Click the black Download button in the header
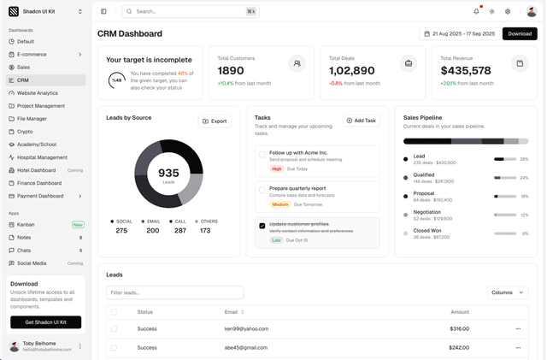pos(519,33)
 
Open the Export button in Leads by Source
pos(215,121)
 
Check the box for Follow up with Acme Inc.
pos(262,154)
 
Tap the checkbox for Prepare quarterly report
pos(262,190)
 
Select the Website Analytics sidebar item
pos(38,93)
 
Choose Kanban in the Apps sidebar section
pos(26,224)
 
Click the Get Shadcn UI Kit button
pos(45,322)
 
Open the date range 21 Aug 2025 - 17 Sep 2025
pos(458,33)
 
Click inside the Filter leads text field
pos(174,292)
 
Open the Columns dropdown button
pos(507,292)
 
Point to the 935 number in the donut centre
pos(168,173)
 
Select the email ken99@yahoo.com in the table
pos(245,328)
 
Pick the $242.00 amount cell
pos(459,347)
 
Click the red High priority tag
pos(277,169)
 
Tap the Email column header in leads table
pos(233,312)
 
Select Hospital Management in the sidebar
pos(42,157)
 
